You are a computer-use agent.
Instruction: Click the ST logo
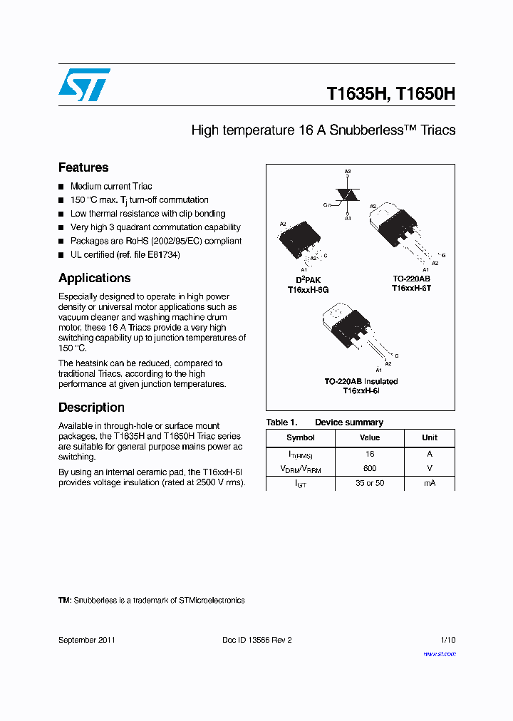click(84, 85)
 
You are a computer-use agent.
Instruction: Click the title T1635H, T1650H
click(390, 94)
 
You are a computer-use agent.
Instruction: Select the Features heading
click(83, 167)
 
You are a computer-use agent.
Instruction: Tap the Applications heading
click(94, 278)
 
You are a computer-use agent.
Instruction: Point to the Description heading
click(91, 408)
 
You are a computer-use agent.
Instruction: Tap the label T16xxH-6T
click(411, 287)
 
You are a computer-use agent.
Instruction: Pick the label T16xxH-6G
click(308, 290)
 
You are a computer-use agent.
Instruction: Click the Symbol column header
click(300, 437)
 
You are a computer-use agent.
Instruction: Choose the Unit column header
click(429, 437)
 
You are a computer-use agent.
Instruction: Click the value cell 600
click(369, 468)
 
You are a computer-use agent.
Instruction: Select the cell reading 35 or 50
click(369, 483)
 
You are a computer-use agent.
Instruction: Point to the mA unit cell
click(429, 483)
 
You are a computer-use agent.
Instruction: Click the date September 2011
click(86, 640)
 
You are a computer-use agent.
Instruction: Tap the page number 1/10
click(447, 640)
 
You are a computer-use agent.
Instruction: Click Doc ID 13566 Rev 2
click(256, 640)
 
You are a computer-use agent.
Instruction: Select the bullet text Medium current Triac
click(111, 186)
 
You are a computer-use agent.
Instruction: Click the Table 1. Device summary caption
click(324, 422)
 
